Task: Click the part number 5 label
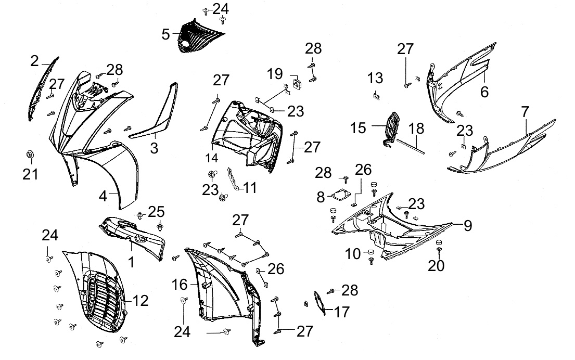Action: tap(165, 34)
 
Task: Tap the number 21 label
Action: tap(30, 174)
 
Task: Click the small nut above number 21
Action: tap(30, 154)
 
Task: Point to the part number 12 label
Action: tap(140, 300)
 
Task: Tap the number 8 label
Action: tap(321, 197)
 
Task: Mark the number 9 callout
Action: tap(467, 226)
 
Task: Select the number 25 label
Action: tap(156, 212)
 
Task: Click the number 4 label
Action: tap(104, 196)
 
